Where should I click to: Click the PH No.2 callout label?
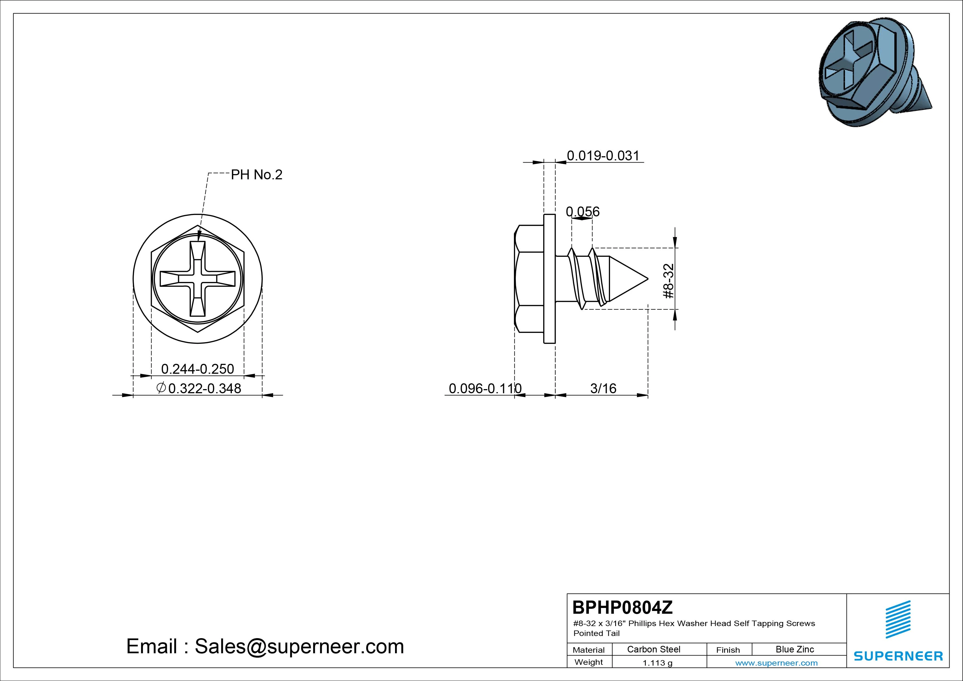pos(257,175)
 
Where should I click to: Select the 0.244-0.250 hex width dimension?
pos(198,369)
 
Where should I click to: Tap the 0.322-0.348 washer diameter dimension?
pos(205,389)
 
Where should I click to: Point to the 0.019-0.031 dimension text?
pos(603,156)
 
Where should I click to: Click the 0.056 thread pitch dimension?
pos(583,211)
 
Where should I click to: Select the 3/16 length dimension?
pos(603,389)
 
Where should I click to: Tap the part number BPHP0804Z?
pos(622,607)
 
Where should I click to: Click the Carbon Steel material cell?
pos(653,649)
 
